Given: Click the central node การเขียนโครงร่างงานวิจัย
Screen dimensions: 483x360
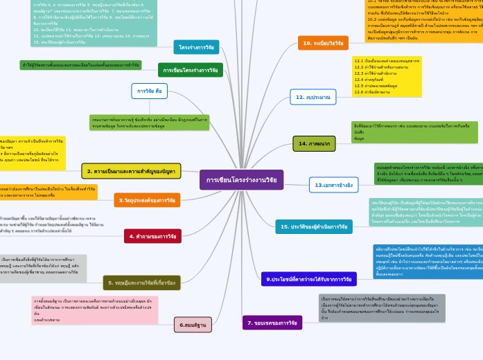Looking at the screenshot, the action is click(241, 180).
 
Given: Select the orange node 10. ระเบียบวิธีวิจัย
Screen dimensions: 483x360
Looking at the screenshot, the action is click(323, 43).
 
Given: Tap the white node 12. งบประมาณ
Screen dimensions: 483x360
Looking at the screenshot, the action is click(313, 97).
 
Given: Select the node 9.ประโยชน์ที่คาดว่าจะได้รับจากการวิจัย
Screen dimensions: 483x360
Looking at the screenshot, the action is click(309, 279).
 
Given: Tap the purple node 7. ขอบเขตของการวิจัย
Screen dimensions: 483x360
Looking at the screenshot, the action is click(272, 323).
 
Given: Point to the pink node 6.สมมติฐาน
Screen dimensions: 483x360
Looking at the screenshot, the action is click(193, 324).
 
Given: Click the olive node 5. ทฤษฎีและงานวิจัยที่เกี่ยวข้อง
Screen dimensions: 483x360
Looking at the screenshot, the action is click(142, 282).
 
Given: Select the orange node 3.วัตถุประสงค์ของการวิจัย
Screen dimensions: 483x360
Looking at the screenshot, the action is click(147, 200).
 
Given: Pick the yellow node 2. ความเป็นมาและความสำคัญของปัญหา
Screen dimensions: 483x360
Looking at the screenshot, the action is click(131, 171).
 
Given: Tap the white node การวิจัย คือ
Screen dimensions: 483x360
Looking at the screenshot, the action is click(149, 91).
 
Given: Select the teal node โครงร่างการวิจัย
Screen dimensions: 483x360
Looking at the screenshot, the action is click(196, 47).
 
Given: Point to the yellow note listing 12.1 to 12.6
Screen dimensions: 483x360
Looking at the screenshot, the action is click(386, 76).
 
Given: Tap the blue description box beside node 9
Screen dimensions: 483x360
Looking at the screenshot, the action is click(428, 261).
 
